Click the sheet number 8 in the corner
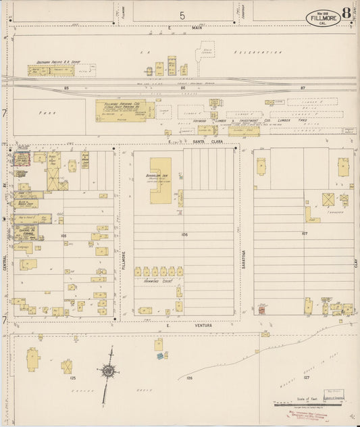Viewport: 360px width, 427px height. tap(346, 13)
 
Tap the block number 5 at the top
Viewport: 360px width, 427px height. tap(182, 14)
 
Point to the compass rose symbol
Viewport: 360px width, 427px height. tap(108, 370)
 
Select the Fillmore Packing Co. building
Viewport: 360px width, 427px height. tap(126, 109)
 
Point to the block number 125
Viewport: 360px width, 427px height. tap(72, 379)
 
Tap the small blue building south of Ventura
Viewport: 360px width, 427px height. tap(160, 355)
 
